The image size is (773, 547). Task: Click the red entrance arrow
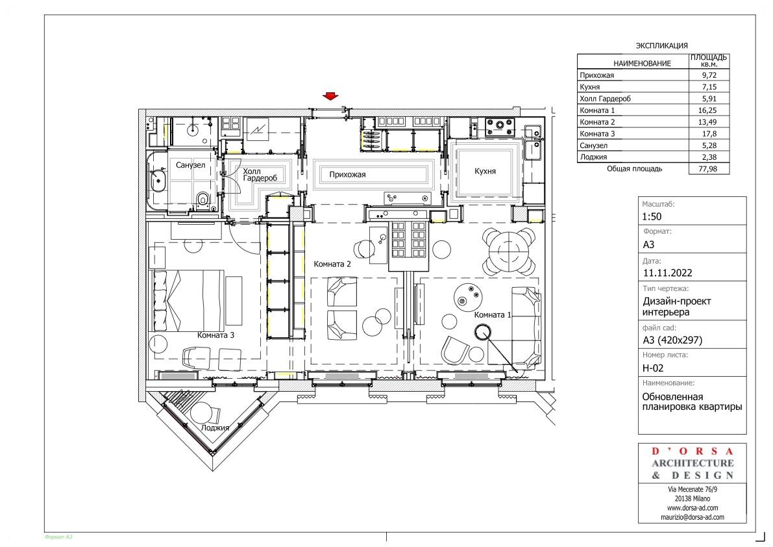point(330,96)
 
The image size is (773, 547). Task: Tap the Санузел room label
point(190,165)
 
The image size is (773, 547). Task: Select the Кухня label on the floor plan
point(485,171)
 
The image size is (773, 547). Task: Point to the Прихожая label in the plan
point(347,174)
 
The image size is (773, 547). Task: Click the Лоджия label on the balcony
point(215,427)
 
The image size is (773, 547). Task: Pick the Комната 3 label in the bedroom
point(215,335)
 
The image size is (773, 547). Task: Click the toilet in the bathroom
point(202,199)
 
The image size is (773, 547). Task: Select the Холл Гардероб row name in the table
point(605,99)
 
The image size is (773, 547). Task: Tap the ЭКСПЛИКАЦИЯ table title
point(661,45)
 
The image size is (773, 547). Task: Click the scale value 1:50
point(652,216)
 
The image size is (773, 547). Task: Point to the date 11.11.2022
point(667,273)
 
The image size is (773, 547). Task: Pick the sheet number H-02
point(653,368)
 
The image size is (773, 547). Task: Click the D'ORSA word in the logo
point(692,451)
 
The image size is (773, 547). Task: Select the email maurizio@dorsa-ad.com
point(692,517)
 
